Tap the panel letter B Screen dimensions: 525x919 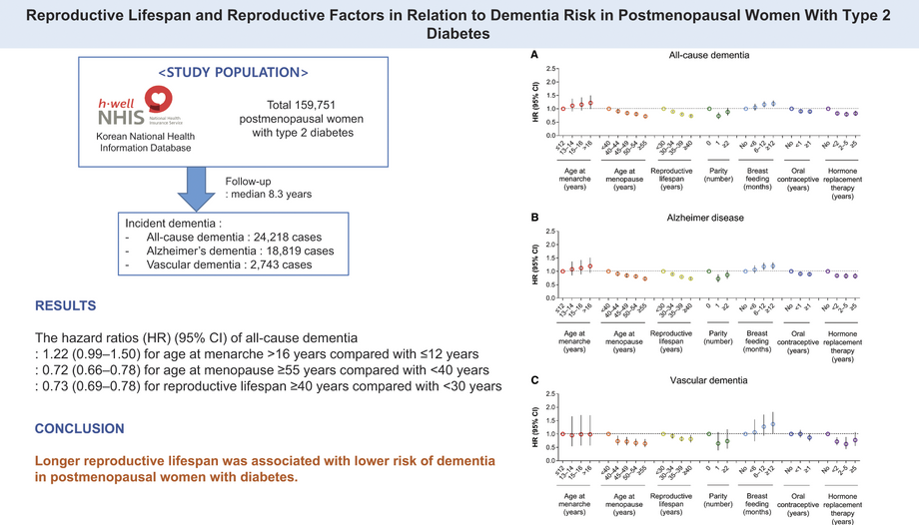point(535,217)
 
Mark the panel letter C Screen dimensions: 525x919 point(535,379)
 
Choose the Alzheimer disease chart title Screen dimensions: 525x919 point(709,218)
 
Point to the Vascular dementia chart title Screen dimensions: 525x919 point(709,380)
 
